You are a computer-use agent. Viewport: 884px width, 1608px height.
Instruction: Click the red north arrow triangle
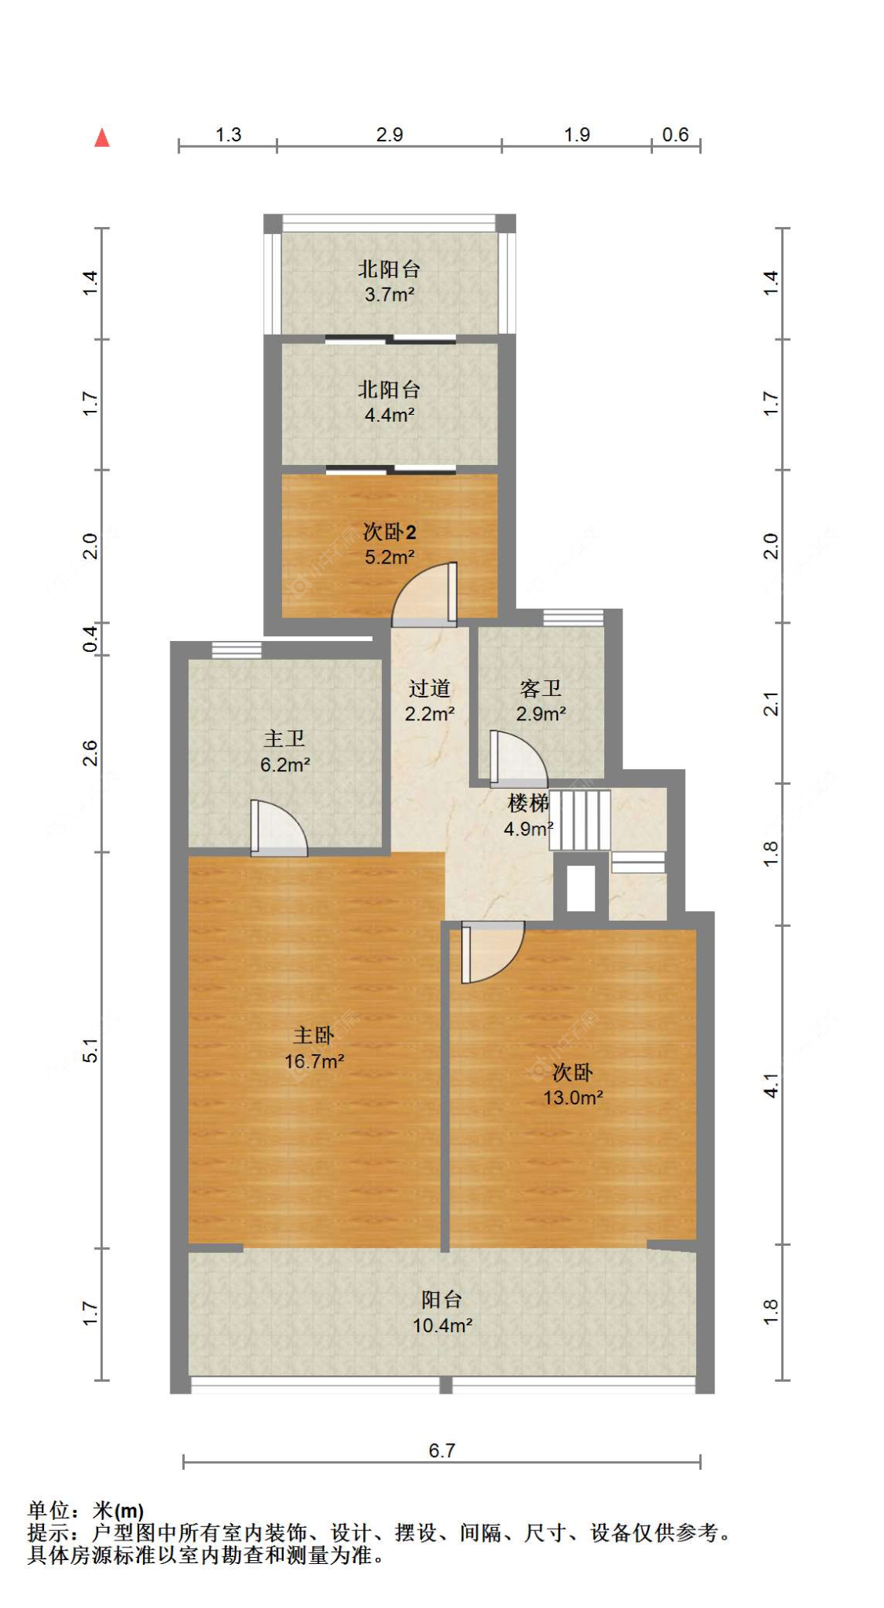[101, 138]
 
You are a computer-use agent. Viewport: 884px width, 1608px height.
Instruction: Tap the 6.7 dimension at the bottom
[442, 1450]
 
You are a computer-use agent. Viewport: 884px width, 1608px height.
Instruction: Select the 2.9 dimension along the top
[389, 134]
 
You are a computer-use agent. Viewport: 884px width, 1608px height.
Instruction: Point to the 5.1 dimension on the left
[91, 1050]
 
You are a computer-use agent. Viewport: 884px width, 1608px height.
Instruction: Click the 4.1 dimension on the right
[771, 1086]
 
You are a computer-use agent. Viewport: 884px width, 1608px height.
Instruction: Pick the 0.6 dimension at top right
[675, 134]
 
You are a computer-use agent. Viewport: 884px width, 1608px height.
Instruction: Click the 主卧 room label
[314, 1035]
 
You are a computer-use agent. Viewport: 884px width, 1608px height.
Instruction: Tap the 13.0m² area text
[573, 1097]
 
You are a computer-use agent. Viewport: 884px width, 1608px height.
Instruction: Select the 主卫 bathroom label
[284, 738]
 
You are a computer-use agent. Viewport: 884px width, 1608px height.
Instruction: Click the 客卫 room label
[541, 688]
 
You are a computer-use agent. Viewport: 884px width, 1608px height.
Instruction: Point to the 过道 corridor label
[429, 688]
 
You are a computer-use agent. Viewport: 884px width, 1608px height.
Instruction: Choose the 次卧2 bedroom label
[389, 532]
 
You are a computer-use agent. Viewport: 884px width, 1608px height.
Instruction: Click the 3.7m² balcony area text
[389, 295]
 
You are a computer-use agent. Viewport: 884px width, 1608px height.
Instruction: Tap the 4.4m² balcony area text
[389, 415]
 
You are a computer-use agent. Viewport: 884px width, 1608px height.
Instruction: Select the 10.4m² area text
[442, 1325]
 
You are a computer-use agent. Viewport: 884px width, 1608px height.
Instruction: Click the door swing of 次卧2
[425, 595]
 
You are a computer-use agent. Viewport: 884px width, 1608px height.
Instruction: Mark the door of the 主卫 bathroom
[279, 828]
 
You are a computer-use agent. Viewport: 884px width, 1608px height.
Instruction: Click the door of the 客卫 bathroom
[519, 759]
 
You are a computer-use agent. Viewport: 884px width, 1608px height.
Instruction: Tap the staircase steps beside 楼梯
[580, 819]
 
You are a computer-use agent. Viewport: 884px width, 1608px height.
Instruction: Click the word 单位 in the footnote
[49, 1510]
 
